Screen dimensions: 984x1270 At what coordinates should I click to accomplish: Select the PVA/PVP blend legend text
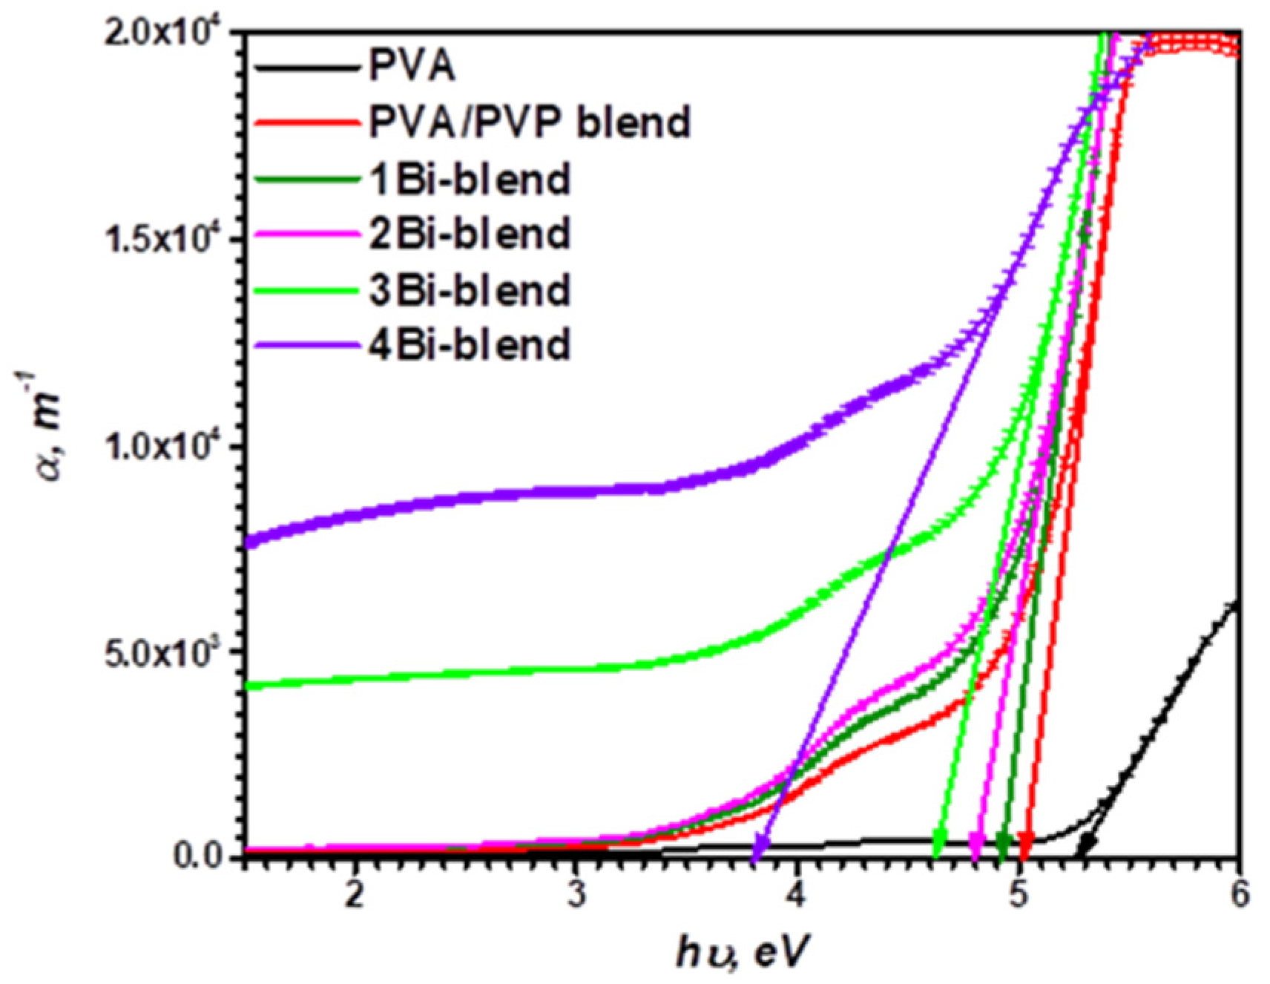[x=530, y=122]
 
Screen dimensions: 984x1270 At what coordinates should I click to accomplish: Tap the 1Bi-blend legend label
[x=469, y=179]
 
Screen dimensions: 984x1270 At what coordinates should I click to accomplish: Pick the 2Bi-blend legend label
[x=469, y=234]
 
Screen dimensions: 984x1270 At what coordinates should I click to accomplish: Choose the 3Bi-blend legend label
[x=469, y=289]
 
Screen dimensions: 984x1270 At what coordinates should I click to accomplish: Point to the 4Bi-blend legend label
[x=469, y=345]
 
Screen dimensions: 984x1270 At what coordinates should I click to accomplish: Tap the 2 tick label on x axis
[x=355, y=895]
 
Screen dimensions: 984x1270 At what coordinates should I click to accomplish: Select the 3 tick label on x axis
[x=576, y=895]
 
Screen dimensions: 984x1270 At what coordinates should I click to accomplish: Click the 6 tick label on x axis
[x=1238, y=895]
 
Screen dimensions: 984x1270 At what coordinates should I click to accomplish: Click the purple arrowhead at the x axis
[x=760, y=846]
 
